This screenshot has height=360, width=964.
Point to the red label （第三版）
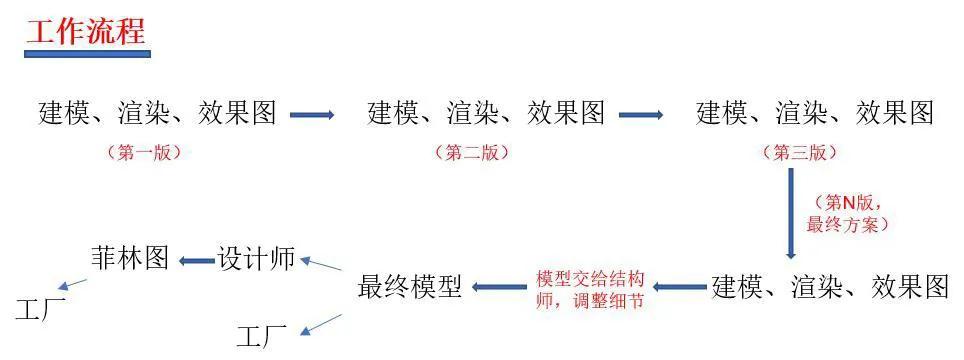800,153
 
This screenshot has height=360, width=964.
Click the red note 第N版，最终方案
848,213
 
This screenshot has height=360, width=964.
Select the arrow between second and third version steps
641,115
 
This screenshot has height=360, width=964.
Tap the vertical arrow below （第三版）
791,214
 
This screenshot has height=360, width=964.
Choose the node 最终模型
410,288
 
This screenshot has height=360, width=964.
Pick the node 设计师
256,258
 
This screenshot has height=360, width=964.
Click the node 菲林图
130,258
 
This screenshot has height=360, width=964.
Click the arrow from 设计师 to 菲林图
195,261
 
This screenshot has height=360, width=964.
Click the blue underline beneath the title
87,52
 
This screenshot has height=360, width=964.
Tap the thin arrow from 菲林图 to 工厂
73,285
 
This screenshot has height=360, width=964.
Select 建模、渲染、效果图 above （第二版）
486,113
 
